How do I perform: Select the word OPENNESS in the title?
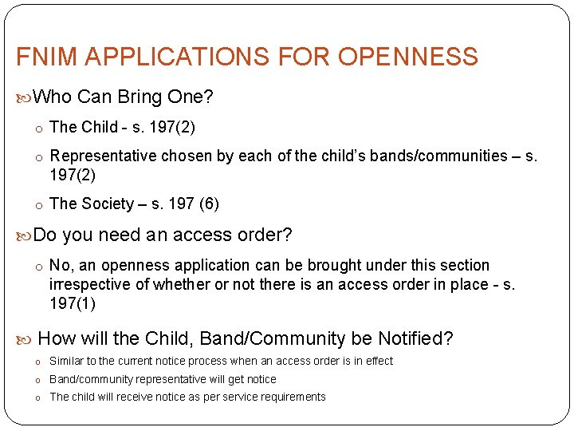point(407,57)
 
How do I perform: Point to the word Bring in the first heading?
point(140,97)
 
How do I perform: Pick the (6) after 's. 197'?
point(209,204)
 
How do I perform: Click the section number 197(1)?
point(72,304)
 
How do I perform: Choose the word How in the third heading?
point(57,338)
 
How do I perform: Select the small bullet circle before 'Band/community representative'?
point(37,380)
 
